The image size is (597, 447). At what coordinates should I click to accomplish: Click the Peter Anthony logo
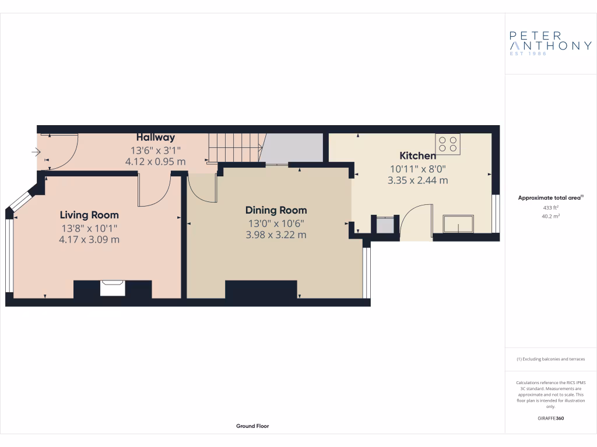click(550, 43)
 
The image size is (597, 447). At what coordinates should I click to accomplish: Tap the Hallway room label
click(156, 137)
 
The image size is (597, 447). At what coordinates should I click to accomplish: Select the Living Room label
click(89, 215)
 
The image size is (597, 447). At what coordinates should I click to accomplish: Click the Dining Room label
click(276, 210)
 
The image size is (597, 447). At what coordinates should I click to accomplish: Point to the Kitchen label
click(417, 155)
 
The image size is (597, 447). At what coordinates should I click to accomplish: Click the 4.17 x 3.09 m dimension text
click(89, 239)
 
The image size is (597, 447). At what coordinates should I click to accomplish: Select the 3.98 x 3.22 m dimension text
click(276, 235)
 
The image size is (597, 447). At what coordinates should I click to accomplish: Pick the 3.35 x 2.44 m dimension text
click(417, 180)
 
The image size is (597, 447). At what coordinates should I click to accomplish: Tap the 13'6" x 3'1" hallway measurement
click(156, 150)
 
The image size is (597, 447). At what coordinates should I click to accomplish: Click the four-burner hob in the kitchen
click(448, 144)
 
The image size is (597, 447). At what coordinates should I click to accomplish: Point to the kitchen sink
click(458, 224)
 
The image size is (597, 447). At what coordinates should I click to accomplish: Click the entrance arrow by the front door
click(36, 153)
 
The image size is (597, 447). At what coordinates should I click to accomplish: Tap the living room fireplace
click(112, 288)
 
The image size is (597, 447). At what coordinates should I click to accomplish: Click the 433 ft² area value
click(550, 207)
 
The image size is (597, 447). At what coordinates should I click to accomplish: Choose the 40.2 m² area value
click(550, 216)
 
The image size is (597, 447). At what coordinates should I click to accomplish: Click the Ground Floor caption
click(252, 426)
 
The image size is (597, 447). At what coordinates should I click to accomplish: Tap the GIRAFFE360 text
click(550, 418)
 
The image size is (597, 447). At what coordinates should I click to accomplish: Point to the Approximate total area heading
click(550, 198)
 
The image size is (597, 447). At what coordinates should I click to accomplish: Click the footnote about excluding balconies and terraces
click(550, 359)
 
